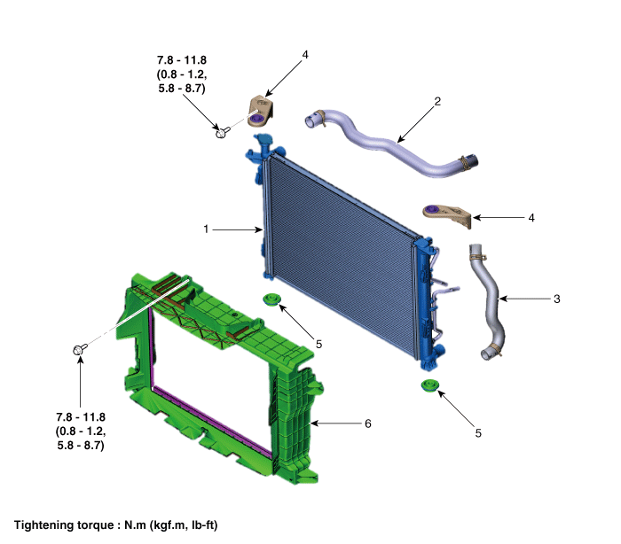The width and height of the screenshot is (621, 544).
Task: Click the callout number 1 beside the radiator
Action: pyautogui.click(x=206, y=229)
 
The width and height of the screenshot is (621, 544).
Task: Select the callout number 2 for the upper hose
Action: pyautogui.click(x=437, y=101)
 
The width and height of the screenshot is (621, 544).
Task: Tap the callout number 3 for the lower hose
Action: pyautogui.click(x=556, y=299)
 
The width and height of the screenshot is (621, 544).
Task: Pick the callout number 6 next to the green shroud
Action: pyautogui.click(x=367, y=424)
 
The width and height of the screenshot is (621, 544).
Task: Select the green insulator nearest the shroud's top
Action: pyautogui.click(x=271, y=302)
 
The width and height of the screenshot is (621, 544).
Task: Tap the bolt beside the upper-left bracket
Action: pyautogui.click(x=221, y=133)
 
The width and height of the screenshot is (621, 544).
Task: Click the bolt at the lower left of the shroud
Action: pyautogui.click(x=79, y=352)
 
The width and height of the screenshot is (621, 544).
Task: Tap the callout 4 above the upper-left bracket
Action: pyautogui.click(x=304, y=55)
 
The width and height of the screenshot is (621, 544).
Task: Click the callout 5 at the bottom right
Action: pyautogui.click(x=478, y=433)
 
